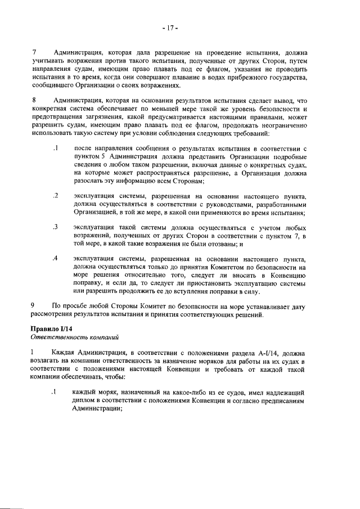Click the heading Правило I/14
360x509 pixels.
click(x=51, y=328)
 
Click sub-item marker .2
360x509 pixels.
click(x=55, y=195)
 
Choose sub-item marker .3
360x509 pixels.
click(x=55, y=227)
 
